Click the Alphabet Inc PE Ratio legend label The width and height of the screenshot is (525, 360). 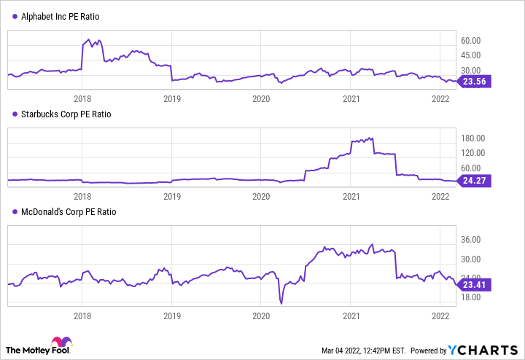pos(59,17)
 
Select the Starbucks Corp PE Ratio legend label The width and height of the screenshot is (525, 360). pos(62,114)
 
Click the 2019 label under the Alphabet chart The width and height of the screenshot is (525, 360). pos(171,98)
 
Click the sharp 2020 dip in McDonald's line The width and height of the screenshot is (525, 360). pos(281,302)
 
